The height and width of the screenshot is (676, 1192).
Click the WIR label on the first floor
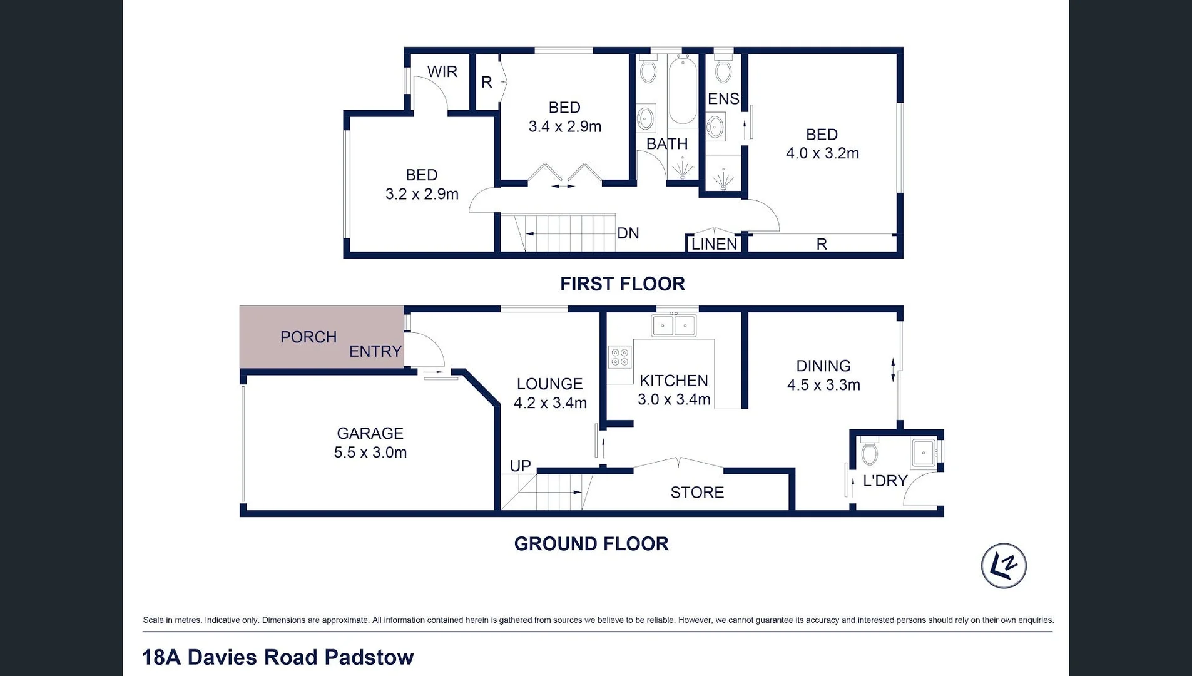442,72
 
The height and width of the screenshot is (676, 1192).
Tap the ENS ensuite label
723,99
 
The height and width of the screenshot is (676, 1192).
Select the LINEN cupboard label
714,244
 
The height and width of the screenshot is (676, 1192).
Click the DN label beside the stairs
628,233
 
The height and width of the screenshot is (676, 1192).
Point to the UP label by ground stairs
520,466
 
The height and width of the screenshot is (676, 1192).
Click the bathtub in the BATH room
682,90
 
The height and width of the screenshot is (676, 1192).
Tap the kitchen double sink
674,325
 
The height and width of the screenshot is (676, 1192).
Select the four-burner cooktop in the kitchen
620,357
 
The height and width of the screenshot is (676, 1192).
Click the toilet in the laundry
870,452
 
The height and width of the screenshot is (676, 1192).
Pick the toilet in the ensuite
723,70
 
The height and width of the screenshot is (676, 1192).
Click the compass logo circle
1004,566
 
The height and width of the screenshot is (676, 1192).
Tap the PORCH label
308,337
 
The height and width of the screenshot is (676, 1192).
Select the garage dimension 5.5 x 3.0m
370,453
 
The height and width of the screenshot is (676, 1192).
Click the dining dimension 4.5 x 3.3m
823,385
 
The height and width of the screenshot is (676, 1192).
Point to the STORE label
697,493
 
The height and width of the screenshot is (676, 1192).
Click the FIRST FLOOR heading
623,284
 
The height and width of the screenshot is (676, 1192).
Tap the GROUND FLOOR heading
591,544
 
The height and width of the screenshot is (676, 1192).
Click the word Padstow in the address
369,657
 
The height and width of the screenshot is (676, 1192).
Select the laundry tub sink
924,452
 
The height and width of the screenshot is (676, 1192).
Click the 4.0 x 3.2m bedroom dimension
822,153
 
